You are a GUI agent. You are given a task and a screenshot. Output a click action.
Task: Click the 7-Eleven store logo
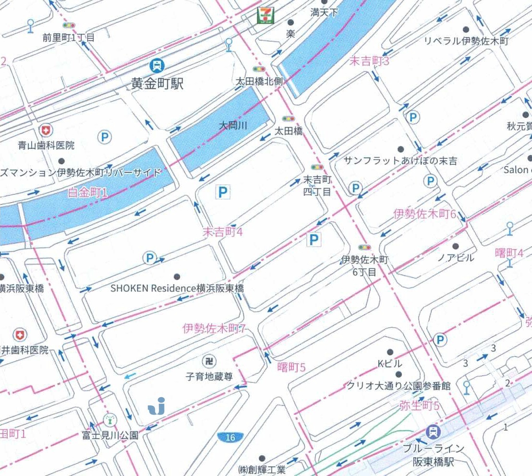(264, 15)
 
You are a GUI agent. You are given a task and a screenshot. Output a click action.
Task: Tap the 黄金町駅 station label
(157, 84)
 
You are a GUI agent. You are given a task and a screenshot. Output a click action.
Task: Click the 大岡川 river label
(233, 126)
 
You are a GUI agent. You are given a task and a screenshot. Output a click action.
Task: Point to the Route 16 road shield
(230, 437)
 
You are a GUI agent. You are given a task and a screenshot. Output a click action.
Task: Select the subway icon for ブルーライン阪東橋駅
(434, 431)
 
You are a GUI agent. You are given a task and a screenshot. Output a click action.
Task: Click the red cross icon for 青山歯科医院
(46, 130)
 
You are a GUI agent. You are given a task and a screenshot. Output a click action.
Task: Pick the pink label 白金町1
(88, 193)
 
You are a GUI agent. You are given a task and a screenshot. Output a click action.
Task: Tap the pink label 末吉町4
(222, 232)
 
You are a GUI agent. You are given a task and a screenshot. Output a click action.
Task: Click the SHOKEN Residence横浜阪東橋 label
(177, 288)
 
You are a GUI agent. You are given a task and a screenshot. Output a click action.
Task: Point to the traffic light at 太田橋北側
(259, 70)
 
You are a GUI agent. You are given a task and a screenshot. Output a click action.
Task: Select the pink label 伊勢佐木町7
(214, 329)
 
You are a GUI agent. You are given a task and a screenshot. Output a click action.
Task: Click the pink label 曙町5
(291, 368)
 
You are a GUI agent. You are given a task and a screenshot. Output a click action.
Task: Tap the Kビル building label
(389, 363)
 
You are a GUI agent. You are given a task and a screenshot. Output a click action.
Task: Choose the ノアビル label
(455, 258)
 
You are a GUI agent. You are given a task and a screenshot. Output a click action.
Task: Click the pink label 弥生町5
(419, 406)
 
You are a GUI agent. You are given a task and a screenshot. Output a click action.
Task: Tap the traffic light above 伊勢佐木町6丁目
(364, 248)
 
